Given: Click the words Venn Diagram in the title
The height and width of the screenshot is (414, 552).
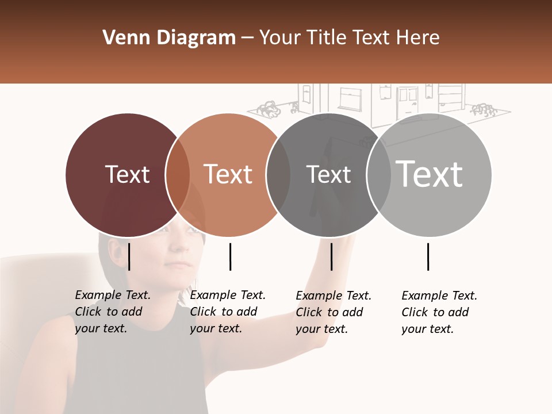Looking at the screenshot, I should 169,38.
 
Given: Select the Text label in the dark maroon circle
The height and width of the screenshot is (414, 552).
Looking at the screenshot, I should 127,174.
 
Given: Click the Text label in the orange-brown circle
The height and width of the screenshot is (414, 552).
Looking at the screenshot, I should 228,174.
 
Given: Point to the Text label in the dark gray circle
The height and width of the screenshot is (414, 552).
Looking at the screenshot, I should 328,174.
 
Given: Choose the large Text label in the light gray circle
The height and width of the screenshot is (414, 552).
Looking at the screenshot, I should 430,174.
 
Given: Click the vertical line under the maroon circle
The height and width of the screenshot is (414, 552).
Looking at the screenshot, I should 129,256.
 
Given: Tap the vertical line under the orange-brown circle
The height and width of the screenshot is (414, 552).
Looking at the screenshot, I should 230,256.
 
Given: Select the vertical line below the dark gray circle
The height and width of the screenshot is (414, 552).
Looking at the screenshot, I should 331,256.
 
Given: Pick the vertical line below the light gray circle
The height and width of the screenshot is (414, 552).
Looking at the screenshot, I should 428,256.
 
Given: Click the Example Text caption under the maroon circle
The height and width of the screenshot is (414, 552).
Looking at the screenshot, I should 113,312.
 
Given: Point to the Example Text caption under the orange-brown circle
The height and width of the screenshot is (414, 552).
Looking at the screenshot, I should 228,312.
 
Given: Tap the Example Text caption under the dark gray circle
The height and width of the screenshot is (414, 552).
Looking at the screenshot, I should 333,312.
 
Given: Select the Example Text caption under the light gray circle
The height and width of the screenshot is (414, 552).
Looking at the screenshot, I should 439,312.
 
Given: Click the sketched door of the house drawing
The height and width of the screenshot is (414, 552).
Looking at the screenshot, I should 408,102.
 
